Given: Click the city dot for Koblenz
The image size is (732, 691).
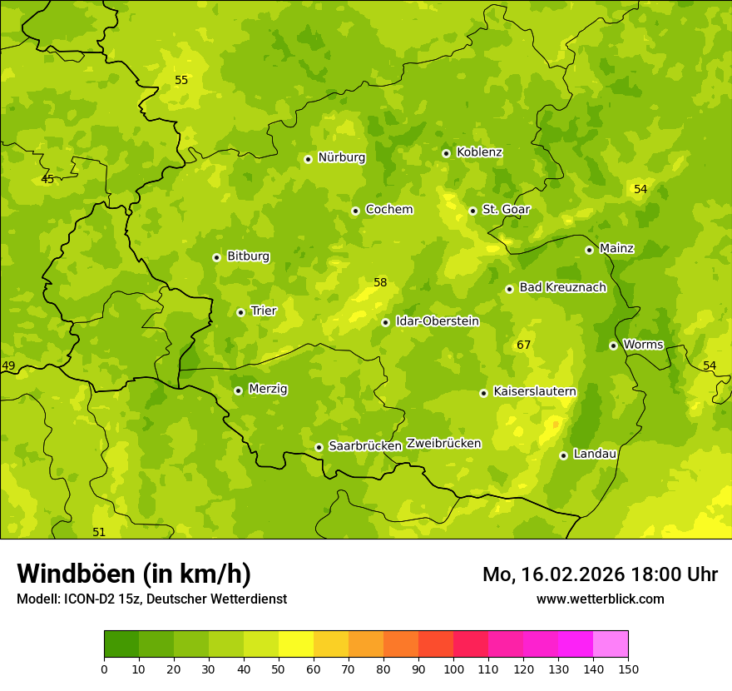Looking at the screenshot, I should (x=446, y=153).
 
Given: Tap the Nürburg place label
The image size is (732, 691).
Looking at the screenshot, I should (x=341, y=157).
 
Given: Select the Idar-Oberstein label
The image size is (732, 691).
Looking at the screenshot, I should (x=438, y=321).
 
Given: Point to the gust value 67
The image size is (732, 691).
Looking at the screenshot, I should (x=523, y=345).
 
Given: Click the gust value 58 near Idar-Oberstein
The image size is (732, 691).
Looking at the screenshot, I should (x=380, y=283).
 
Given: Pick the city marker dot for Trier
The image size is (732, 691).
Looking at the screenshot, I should (x=240, y=312).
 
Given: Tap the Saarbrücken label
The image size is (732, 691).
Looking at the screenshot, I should (x=365, y=446).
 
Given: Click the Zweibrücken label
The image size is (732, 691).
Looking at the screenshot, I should (x=443, y=444).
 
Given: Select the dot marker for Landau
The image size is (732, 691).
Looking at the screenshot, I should (x=563, y=455).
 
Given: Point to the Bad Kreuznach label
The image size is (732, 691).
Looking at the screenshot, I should (x=562, y=287).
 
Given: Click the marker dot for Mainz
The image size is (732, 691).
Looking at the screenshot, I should (x=589, y=250).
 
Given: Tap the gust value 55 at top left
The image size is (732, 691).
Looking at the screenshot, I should (x=181, y=81).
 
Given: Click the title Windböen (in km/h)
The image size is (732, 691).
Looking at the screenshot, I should (x=133, y=574).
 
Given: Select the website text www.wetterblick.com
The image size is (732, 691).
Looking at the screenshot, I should (x=600, y=599).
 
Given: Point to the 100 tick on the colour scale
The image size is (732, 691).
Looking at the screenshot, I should (x=453, y=669).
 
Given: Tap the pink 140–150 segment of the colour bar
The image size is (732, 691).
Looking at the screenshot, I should (x=611, y=644).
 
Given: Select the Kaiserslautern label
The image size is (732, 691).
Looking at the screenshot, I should (x=534, y=391).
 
